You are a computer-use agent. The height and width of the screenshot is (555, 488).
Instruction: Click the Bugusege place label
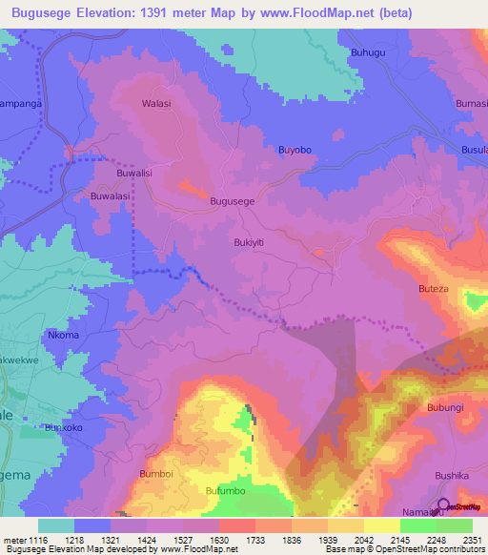(232, 202)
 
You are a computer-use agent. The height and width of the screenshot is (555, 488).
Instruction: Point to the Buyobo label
(295, 151)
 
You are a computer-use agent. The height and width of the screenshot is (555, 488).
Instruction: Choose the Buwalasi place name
(110, 195)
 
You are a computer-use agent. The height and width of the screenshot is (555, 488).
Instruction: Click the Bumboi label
(156, 473)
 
